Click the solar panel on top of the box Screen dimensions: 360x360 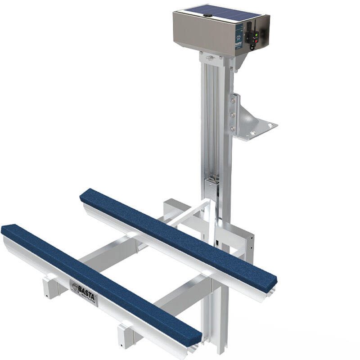[x=220, y=13]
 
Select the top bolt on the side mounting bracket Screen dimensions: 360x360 [x=233, y=100]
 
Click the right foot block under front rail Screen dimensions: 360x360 [x=126, y=335]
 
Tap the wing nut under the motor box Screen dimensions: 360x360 [x=210, y=58]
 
